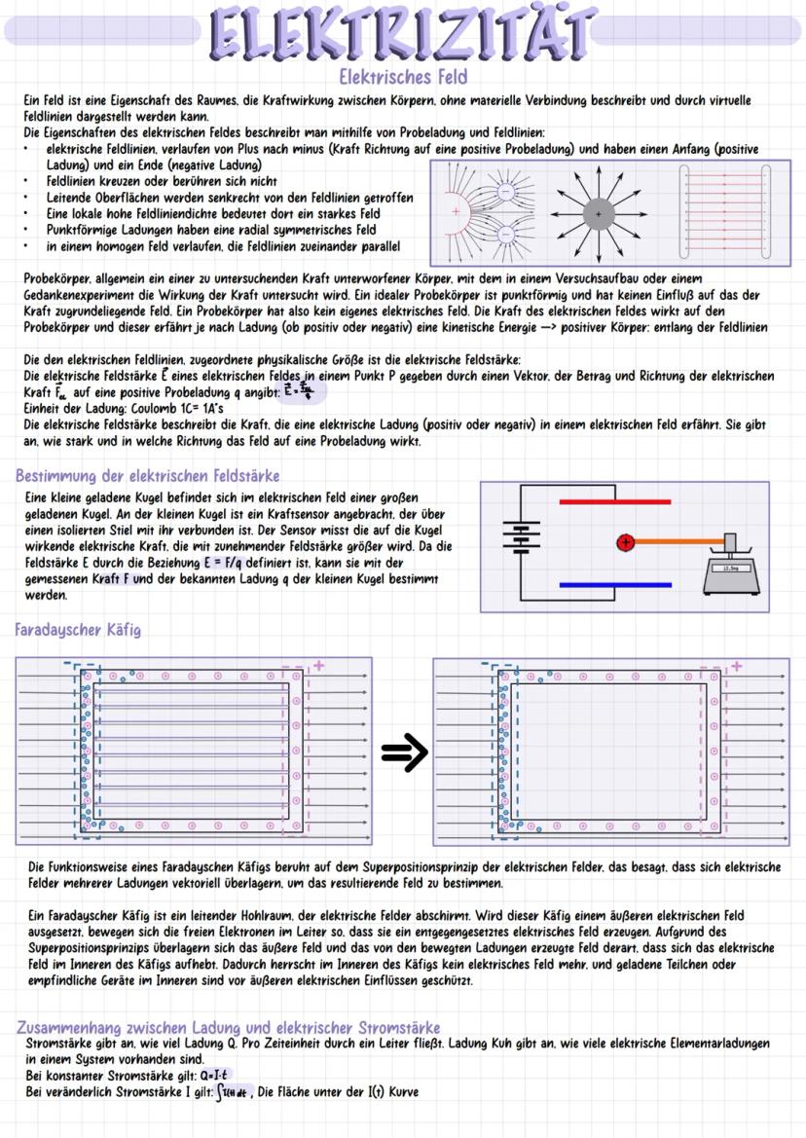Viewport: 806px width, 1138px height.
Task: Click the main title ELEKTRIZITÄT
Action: click(x=402, y=32)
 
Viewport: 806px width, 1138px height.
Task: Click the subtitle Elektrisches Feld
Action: click(x=402, y=76)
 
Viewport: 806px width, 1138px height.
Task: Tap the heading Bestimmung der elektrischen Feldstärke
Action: click(x=148, y=476)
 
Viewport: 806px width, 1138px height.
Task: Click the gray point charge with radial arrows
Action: click(x=598, y=213)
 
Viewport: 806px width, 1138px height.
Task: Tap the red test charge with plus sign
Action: click(x=626, y=542)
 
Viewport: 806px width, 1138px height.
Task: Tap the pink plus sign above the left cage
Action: click(x=316, y=667)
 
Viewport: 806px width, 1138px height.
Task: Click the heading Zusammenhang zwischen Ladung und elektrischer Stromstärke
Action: click(x=229, y=1028)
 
